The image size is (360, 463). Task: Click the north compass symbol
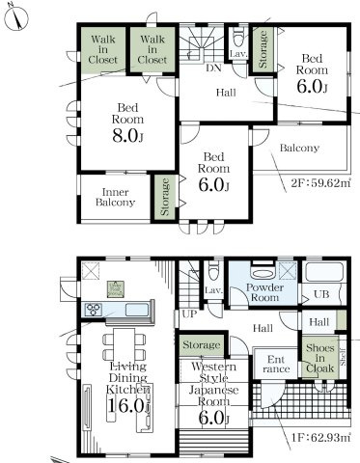pyautogui.click(x=16, y=17)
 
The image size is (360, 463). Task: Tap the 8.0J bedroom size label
pyautogui.click(x=127, y=136)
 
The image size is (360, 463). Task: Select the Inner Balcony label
pyautogui.click(x=115, y=197)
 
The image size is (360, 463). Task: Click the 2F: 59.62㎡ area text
pyautogui.click(x=320, y=183)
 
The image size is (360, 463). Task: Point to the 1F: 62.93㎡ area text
pyautogui.click(x=320, y=437)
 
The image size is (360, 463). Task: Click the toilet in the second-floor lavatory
pyautogui.click(x=238, y=37)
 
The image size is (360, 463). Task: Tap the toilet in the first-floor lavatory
pyautogui.click(x=213, y=271)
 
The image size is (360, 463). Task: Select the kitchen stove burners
pyautogui.click(x=94, y=310)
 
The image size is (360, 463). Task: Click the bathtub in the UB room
pyautogui.click(x=324, y=272)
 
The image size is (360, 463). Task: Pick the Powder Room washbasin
pyautogui.click(x=263, y=273)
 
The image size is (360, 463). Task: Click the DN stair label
pyautogui.click(x=213, y=68)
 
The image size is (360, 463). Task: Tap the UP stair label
pyautogui.click(x=189, y=313)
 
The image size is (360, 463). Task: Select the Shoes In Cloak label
pyautogui.click(x=320, y=358)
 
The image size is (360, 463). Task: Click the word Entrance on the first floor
pyautogui.click(x=276, y=364)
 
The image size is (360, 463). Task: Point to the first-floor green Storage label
pyautogui.click(x=202, y=345)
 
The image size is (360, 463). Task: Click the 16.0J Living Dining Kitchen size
pyautogui.click(x=128, y=406)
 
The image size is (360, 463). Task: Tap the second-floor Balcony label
pyautogui.click(x=299, y=148)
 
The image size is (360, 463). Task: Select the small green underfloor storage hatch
pyautogui.click(x=116, y=289)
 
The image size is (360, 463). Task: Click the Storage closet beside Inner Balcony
pyautogui.click(x=165, y=197)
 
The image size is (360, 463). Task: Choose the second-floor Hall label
pyautogui.click(x=226, y=93)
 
